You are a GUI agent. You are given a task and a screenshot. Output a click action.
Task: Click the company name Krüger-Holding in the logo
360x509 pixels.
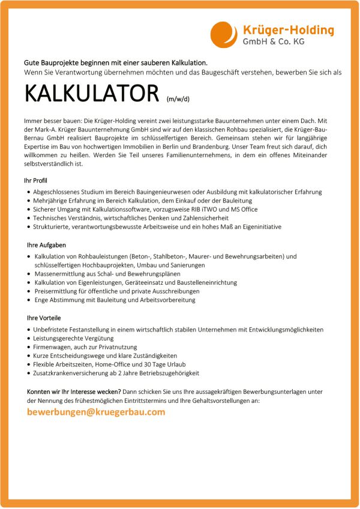tap(288, 30)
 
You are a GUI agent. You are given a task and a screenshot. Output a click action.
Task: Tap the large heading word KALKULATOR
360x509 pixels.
tap(93, 94)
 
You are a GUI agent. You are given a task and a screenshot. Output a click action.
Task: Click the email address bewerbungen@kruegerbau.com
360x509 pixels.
tap(96, 412)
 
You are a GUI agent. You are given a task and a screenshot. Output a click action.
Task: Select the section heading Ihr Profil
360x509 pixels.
tap(37, 180)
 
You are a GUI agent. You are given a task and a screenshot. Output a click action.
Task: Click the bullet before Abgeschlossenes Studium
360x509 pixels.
tap(29, 192)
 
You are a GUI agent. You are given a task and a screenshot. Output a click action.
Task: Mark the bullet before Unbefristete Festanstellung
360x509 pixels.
tap(29, 330)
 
